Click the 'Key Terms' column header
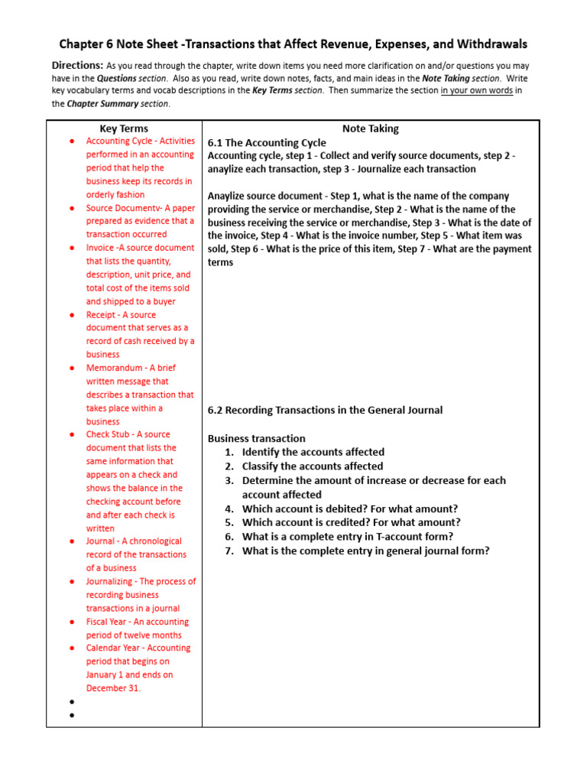tap(124, 128)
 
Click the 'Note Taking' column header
tap(370, 128)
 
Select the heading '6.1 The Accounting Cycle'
tap(267, 142)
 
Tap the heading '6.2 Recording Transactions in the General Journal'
tap(325, 410)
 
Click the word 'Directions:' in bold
tap(77, 66)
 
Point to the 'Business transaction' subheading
tap(256, 438)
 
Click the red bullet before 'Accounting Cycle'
tap(72, 141)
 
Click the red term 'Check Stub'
tap(108, 434)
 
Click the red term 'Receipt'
tap(101, 314)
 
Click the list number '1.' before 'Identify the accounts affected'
tap(229, 452)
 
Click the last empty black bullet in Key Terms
tap(72, 716)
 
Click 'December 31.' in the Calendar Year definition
tap(113, 688)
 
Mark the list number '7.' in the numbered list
tap(229, 551)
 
